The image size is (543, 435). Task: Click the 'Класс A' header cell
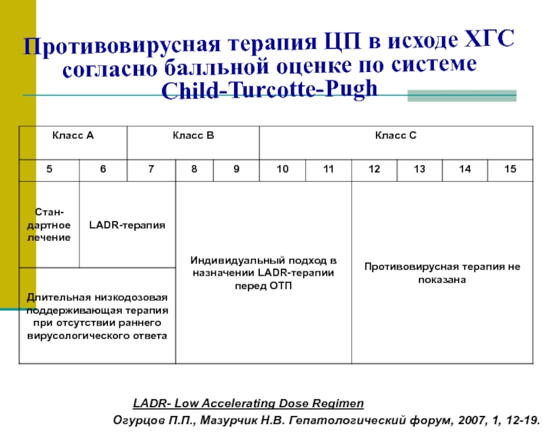[x=73, y=136]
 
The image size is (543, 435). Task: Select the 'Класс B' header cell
[x=193, y=136]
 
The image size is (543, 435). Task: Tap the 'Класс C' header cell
[x=396, y=136]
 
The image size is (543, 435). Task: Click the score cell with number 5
[x=49, y=169]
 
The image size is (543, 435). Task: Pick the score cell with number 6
[x=103, y=169]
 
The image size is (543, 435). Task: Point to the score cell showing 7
[x=151, y=169]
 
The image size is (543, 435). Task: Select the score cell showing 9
[x=236, y=169]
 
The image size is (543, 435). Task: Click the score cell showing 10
[x=282, y=169]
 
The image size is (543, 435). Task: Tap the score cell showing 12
[x=374, y=169]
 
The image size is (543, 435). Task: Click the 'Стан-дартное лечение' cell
[x=49, y=225]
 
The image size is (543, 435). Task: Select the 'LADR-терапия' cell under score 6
[x=128, y=225]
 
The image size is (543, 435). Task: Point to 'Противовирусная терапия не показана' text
[x=442, y=273]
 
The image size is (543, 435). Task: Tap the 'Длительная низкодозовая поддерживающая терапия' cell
[x=97, y=316]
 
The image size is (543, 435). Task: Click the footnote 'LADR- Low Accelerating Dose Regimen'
[x=248, y=404]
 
